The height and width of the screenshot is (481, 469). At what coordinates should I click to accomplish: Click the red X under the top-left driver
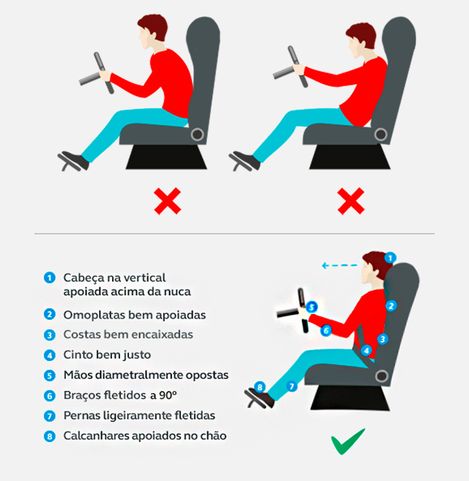click(167, 201)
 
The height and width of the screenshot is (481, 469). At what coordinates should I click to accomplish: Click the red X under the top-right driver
click(351, 201)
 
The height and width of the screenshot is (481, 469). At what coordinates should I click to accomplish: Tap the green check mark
click(347, 442)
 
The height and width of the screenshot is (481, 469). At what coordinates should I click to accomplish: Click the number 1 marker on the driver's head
click(391, 258)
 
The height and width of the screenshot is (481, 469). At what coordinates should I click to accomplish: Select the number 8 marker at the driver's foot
click(259, 387)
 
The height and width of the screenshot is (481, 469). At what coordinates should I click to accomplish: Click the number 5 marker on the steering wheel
click(311, 307)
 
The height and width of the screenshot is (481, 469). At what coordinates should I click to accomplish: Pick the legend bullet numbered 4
click(49, 355)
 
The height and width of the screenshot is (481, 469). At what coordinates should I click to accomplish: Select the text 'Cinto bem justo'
click(107, 355)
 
